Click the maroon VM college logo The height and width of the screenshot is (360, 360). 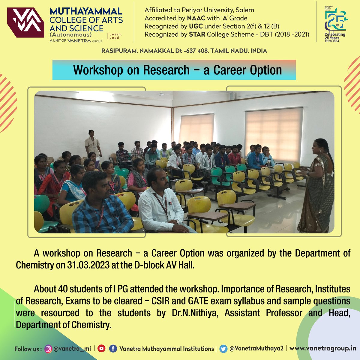pos(25,22)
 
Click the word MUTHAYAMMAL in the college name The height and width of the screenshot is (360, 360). pos(86,12)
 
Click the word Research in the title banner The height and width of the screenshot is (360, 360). pos(166,70)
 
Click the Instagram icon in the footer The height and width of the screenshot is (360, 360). pos(48,349)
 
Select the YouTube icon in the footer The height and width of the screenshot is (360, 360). pos(101,349)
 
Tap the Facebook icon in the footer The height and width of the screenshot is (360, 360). pos(113,349)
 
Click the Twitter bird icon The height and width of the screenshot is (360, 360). pos(223,349)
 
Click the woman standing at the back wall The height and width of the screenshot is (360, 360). pos(92,144)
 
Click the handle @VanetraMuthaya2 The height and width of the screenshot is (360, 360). pos(256,349)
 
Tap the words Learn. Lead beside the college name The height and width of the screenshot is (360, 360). pos(114,36)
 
